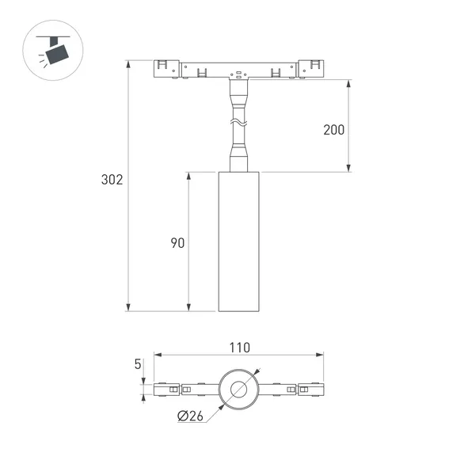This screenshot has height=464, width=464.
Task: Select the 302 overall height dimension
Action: click(x=112, y=180)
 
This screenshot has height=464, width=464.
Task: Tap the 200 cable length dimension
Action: click(x=334, y=130)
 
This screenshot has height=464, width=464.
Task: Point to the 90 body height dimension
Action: click(x=177, y=243)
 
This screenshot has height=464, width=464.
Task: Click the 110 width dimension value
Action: click(x=240, y=347)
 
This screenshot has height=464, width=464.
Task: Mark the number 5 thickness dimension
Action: click(x=138, y=365)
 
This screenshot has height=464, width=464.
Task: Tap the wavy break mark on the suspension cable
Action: click(x=238, y=123)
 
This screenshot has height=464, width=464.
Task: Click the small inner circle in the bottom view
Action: click(x=238, y=389)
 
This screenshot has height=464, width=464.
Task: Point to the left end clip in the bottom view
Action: click(x=166, y=389)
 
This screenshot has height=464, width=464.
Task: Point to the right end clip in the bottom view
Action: click(x=310, y=389)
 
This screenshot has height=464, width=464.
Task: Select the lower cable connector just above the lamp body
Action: click(x=238, y=154)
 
